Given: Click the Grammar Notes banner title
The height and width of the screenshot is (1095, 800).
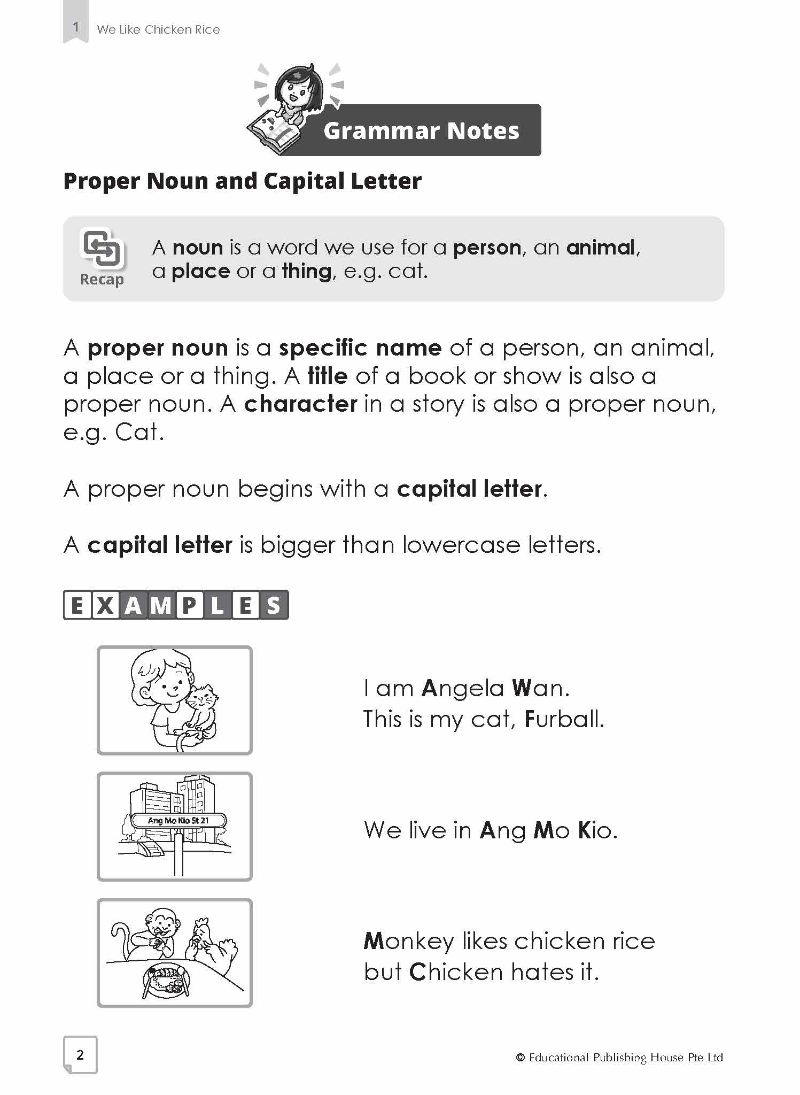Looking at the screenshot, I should click(421, 131).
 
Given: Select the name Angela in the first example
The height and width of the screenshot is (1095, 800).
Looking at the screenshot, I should click(462, 689).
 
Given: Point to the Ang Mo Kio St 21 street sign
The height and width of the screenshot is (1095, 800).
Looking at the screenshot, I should click(178, 820).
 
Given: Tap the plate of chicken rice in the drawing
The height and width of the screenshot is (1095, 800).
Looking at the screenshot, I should click(166, 980).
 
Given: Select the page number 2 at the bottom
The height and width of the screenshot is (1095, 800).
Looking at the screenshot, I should click(80, 1054).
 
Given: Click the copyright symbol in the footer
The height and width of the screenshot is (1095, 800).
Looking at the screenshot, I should click(520, 1058).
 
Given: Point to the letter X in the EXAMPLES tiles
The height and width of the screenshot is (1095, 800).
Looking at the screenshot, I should click(105, 605).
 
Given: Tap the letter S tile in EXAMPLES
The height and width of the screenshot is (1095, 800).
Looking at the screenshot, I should click(274, 605).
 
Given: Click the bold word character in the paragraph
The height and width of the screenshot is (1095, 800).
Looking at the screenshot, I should click(300, 404).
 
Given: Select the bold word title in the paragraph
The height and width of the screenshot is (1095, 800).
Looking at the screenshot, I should click(328, 376).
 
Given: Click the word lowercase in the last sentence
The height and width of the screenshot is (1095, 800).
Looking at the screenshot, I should click(461, 545).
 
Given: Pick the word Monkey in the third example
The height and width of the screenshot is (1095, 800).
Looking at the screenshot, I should click(408, 942).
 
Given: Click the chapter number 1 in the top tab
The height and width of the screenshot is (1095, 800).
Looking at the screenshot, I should click(76, 27).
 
